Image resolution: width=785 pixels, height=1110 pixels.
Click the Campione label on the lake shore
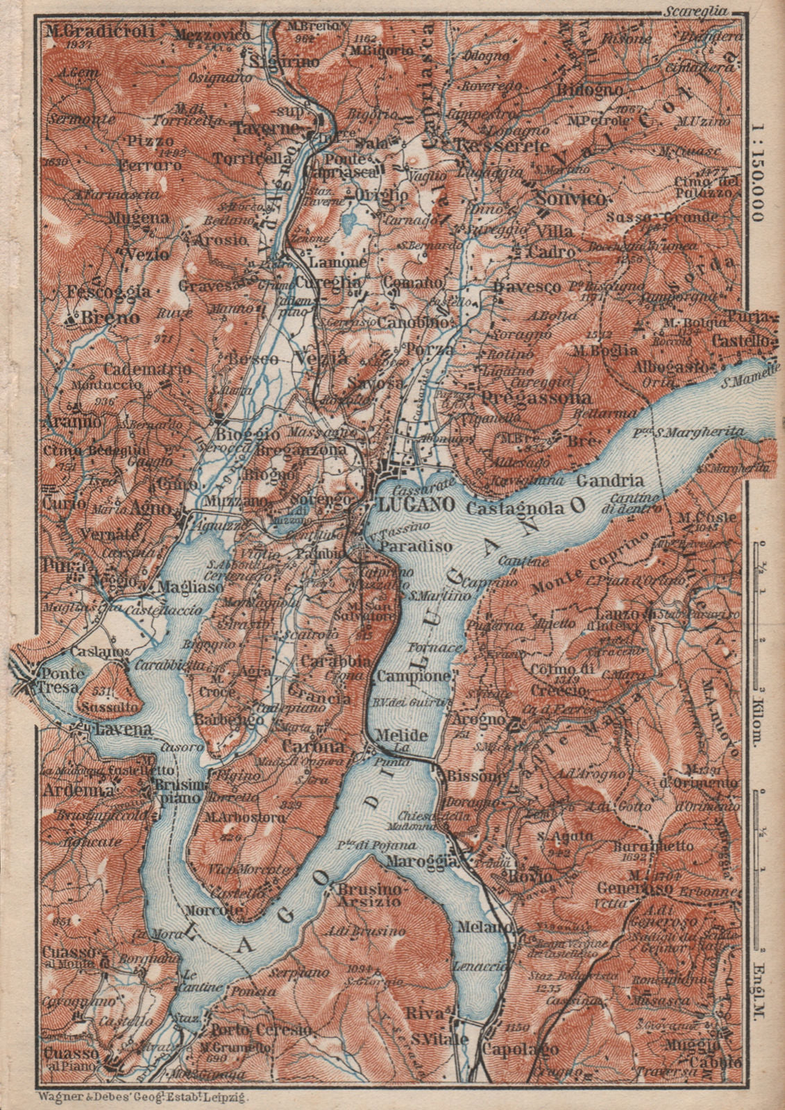414,675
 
